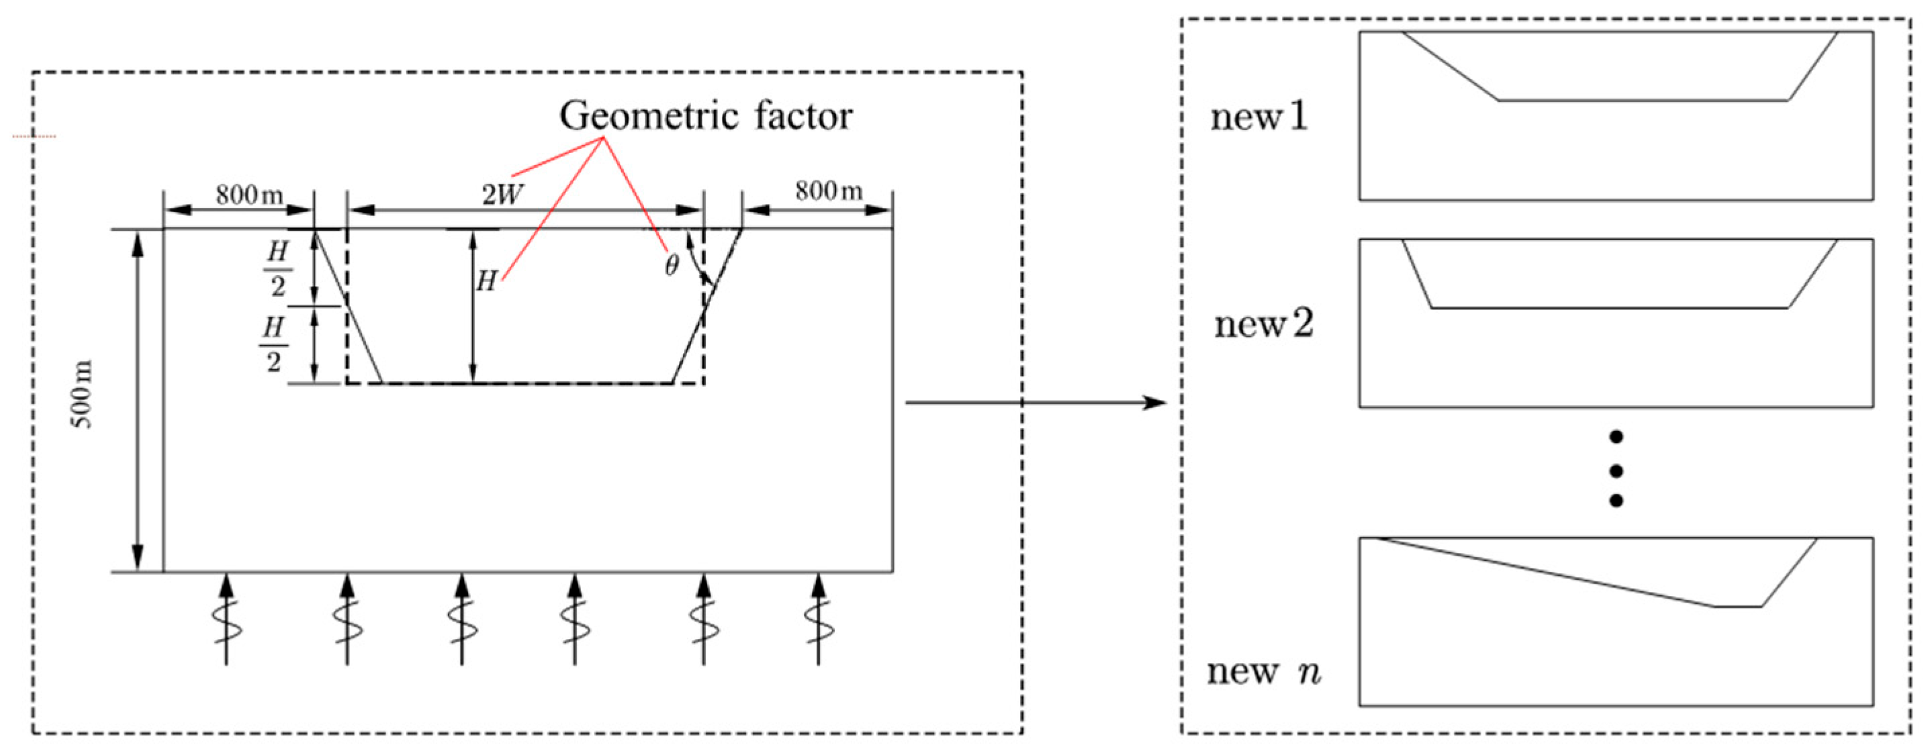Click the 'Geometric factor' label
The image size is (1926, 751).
click(x=706, y=116)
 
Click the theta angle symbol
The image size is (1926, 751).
click(x=671, y=265)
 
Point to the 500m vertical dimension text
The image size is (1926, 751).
click(x=82, y=394)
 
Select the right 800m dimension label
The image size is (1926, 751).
click(x=829, y=191)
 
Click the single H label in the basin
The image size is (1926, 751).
click(x=487, y=282)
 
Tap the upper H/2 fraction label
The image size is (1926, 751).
click(x=277, y=269)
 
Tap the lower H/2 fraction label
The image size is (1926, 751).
click(x=273, y=344)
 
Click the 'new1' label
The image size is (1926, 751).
click(x=1259, y=117)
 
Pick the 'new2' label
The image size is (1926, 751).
click(x=1264, y=324)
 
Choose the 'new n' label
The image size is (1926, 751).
click(x=1264, y=670)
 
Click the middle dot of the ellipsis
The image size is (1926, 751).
click(x=1616, y=470)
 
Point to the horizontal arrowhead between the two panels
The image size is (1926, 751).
click(x=1155, y=403)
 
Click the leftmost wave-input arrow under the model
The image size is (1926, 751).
click(x=226, y=620)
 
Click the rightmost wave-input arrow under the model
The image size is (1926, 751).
click(x=819, y=620)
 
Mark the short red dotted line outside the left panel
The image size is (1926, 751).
click(x=34, y=137)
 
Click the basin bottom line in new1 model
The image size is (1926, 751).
click(x=1643, y=100)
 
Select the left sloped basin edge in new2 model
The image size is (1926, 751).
click(x=1417, y=274)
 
